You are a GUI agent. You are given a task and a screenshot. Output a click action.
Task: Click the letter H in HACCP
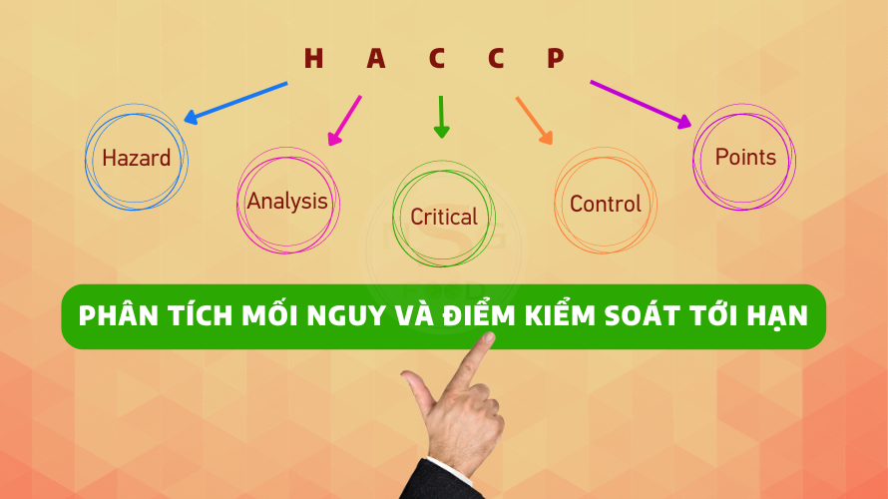coord(313,58)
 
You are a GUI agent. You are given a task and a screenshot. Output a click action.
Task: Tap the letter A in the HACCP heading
coord(375,58)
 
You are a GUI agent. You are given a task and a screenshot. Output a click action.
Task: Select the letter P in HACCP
coord(556,58)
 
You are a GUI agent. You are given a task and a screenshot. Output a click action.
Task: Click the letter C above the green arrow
coord(437,58)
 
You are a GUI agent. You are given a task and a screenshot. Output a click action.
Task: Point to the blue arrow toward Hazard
coord(235,103)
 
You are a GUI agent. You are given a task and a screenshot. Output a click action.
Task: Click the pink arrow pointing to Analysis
coord(344,121)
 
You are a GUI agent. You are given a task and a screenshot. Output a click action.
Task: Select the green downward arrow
coord(441,117)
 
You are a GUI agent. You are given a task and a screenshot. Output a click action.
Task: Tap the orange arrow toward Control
coord(534,121)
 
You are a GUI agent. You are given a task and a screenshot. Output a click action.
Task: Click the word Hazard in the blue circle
coord(137,158)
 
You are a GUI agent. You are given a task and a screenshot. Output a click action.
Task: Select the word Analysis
coord(287,202)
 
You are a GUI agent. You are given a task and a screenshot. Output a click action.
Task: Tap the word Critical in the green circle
coord(444,217)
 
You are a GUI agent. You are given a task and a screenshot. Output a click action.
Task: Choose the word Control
coord(606,204)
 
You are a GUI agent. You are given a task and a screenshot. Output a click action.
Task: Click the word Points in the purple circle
coord(745,157)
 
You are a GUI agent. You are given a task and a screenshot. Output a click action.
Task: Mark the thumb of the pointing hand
coord(419,392)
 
